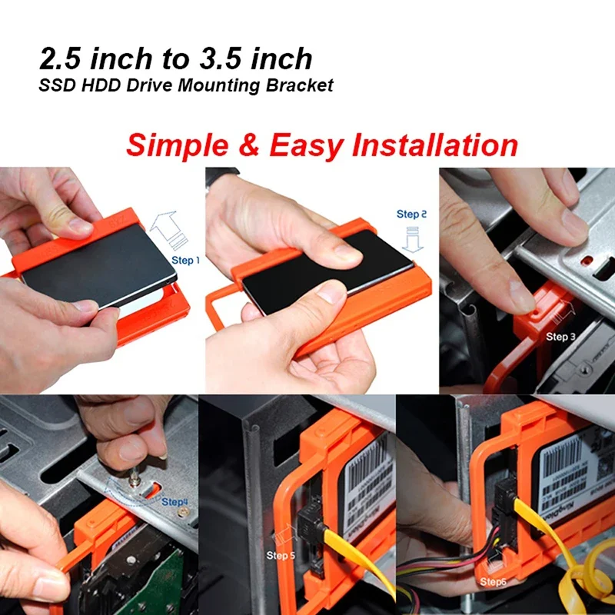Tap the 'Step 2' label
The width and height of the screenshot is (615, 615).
click(411, 214)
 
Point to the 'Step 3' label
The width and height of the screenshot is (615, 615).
click(561, 337)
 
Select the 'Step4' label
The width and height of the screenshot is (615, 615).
click(175, 502)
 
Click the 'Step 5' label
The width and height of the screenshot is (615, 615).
click(281, 555)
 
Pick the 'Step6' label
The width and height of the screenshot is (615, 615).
click(494, 582)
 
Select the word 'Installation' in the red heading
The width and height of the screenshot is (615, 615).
click(434, 145)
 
